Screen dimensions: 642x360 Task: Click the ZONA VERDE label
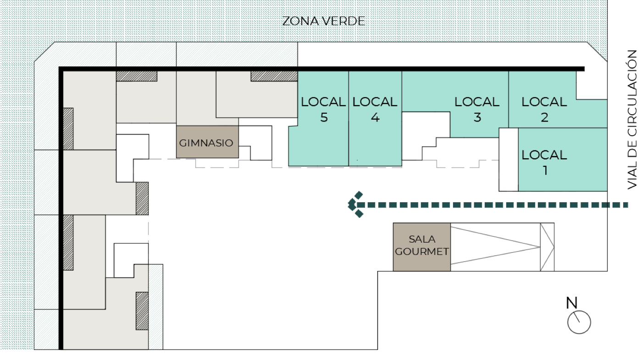coord(324,21)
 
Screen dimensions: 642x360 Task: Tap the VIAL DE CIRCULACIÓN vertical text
coord(632,120)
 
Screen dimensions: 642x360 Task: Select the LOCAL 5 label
coord(323,110)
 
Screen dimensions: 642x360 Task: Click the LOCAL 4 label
coord(375,110)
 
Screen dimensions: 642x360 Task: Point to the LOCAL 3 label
coord(477,110)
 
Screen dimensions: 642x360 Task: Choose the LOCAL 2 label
coord(544,110)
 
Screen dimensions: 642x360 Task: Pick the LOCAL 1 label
coord(544,162)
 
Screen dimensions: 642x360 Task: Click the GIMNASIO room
coord(207,142)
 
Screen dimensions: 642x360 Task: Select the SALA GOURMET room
coord(421,247)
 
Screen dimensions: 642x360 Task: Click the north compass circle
coord(579,322)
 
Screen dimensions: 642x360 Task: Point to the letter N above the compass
coord(571,303)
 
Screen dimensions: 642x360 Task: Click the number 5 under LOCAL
coord(324,117)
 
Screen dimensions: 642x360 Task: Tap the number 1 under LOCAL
coord(545,171)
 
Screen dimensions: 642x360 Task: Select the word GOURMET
coord(421,252)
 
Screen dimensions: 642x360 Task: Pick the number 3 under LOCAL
coord(477,117)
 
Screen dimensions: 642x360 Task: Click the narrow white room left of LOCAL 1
coord(509,160)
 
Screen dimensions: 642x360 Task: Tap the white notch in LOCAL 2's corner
coord(592,85)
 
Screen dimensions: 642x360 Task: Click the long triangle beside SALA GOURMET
coord(495,247)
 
